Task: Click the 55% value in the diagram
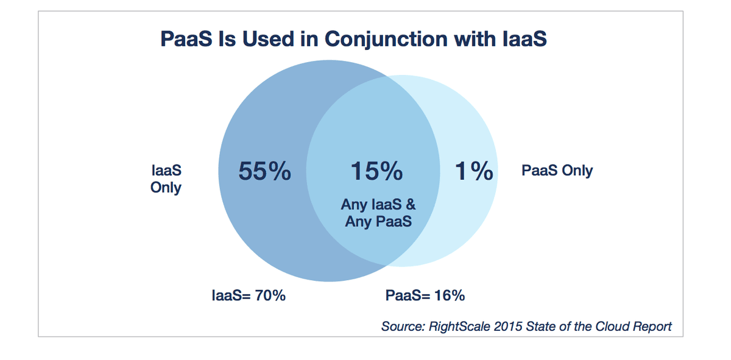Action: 264,171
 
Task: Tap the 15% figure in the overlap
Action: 376,171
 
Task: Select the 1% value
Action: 474,171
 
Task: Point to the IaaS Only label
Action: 166,179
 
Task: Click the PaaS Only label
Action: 557,171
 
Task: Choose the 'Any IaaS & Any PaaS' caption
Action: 378,213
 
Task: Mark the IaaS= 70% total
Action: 249,295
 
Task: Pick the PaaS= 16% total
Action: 425,295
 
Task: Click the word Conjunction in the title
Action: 386,40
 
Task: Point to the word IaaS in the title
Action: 524,39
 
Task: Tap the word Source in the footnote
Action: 403,326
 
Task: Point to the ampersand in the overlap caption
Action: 411,205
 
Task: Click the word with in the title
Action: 475,39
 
